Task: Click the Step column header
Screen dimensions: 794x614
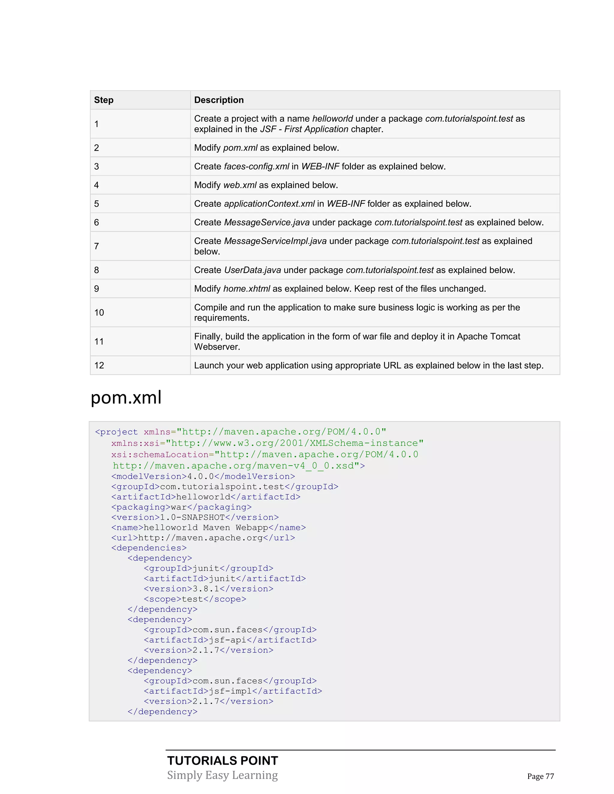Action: click(104, 100)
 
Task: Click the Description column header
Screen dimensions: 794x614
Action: click(219, 100)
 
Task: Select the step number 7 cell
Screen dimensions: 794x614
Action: click(97, 246)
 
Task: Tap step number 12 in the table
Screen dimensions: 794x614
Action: click(99, 365)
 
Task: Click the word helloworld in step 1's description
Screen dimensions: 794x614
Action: click(332, 119)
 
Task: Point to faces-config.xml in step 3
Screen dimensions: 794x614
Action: click(256, 167)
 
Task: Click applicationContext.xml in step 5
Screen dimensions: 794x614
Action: click(269, 203)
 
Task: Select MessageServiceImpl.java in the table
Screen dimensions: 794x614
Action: click(275, 241)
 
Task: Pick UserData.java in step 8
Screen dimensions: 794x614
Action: click(252, 270)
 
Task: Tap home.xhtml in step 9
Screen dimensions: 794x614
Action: click(247, 289)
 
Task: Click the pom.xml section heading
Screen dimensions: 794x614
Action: click(126, 397)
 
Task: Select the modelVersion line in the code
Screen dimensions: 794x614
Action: click(203, 476)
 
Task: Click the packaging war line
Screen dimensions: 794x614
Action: click(181, 507)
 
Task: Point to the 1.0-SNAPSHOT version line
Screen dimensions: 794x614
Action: click(195, 517)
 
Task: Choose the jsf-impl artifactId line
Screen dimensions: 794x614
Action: click(233, 691)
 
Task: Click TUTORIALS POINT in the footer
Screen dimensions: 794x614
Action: click(223, 760)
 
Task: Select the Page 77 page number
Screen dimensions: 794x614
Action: click(541, 776)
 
